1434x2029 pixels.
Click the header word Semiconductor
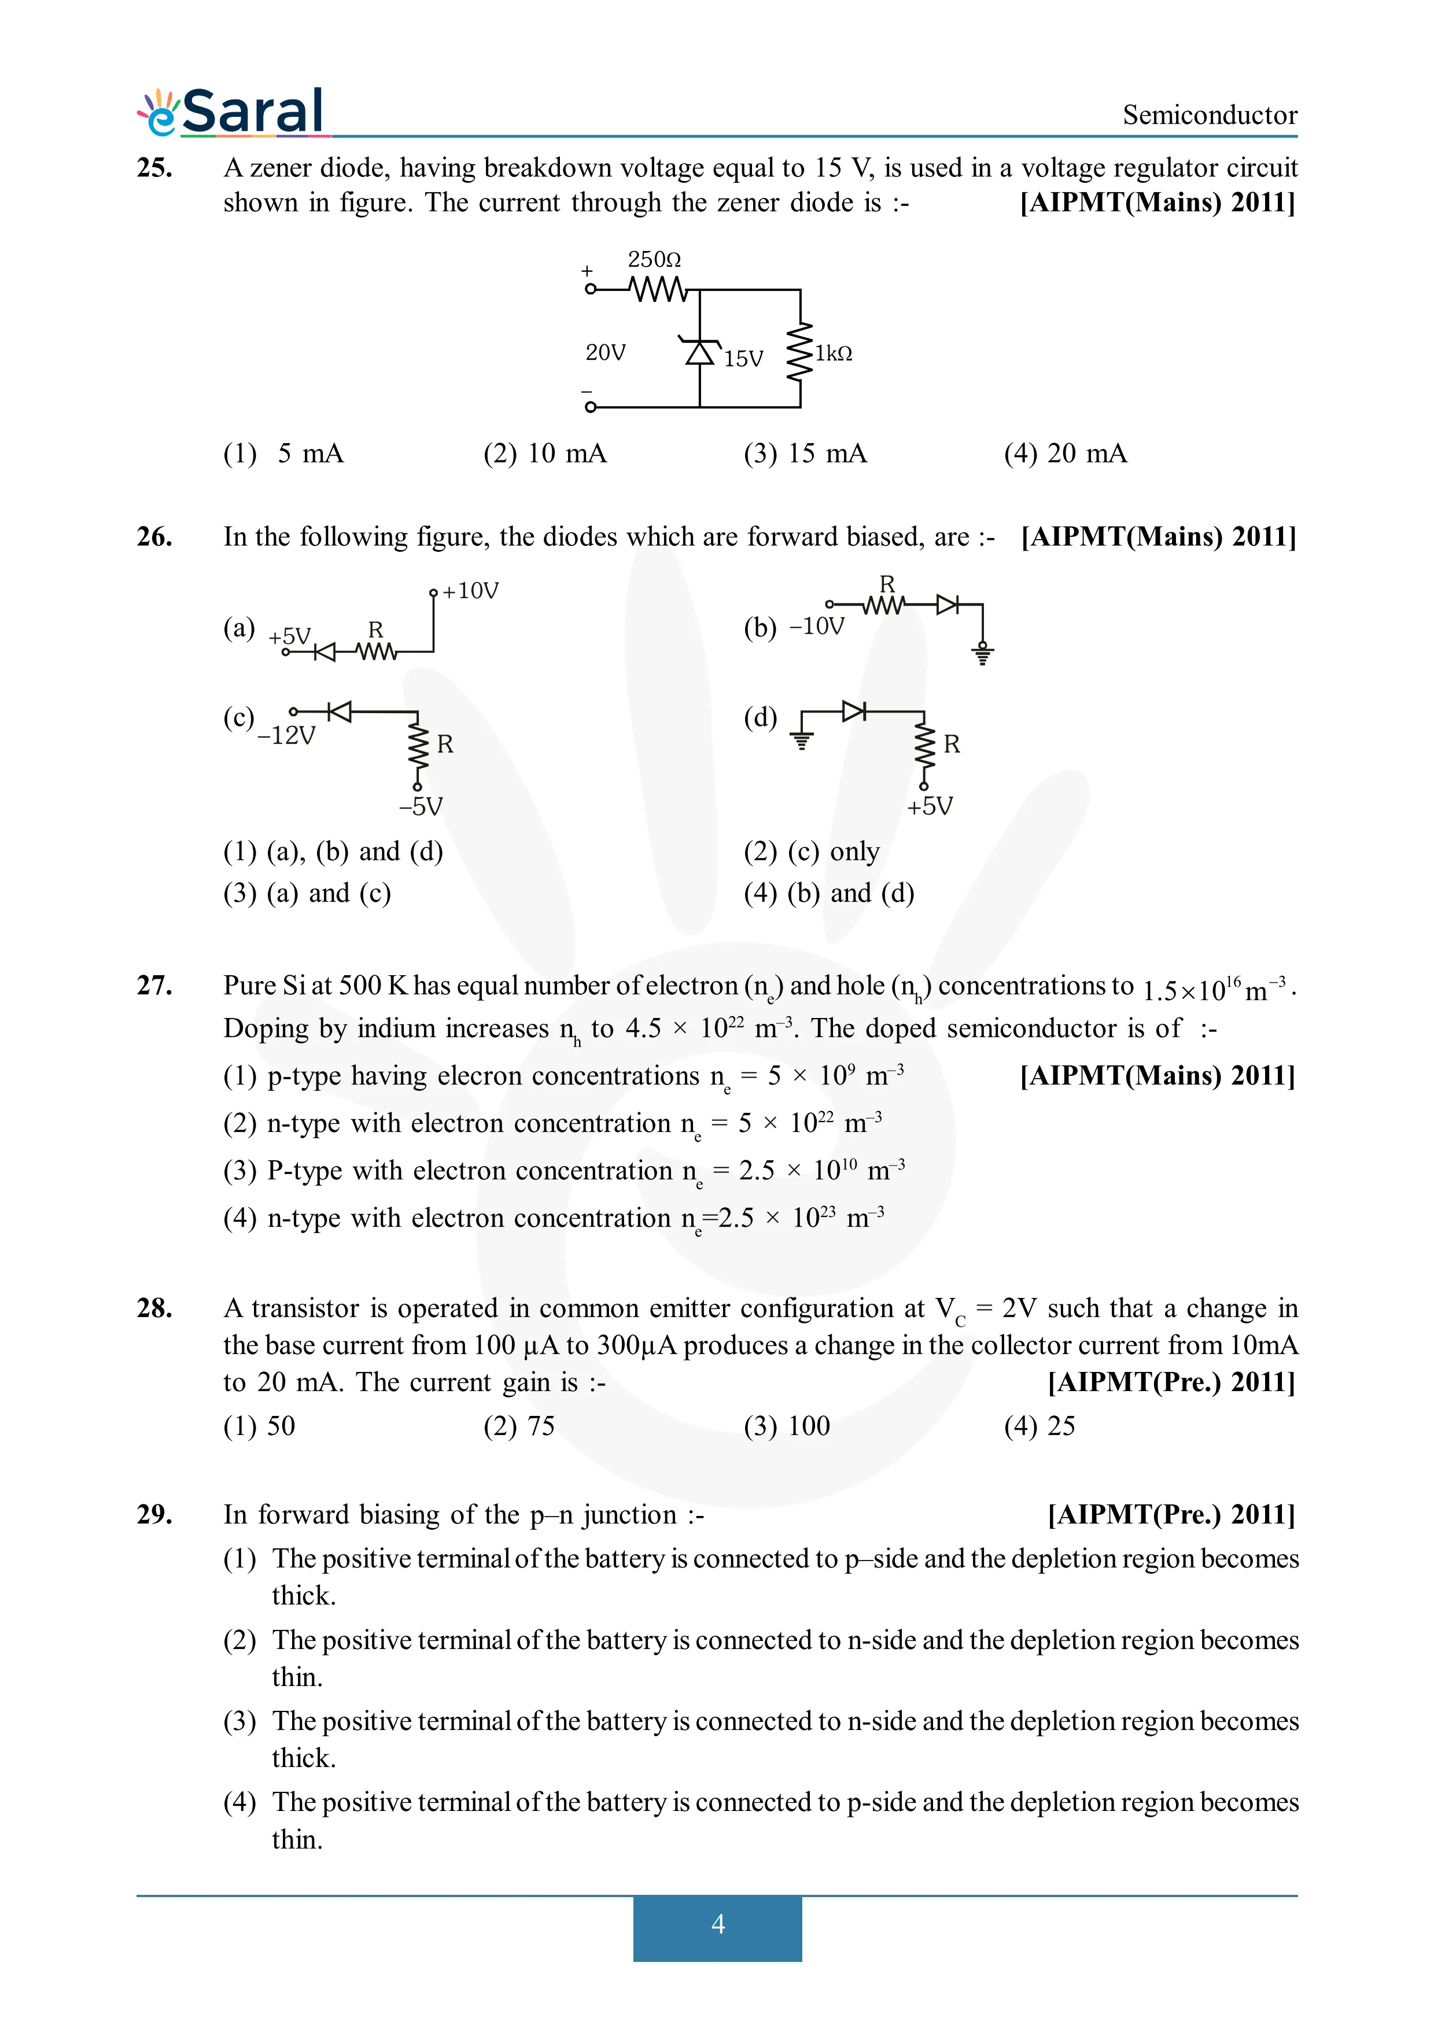click(1209, 115)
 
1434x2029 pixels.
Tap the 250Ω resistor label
click(654, 260)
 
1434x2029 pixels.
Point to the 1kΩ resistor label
click(833, 353)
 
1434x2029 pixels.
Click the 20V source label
click(605, 353)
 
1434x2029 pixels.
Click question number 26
click(154, 536)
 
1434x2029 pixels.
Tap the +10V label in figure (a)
click(470, 591)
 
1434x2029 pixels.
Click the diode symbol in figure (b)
click(947, 604)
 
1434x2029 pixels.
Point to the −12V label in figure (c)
click(286, 735)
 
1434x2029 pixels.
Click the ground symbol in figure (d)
click(801, 740)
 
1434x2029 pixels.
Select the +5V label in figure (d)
click(930, 806)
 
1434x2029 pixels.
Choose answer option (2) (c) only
click(811, 851)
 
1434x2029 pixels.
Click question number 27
click(154, 986)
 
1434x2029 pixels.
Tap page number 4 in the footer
click(717, 1923)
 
